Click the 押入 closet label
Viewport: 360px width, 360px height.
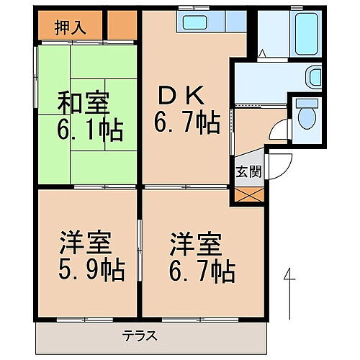[x=70, y=28]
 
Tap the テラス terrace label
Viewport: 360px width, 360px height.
[x=139, y=335]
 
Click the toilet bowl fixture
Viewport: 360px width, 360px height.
[x=307, y=114]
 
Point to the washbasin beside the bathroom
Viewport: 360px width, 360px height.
[x=314, y=76]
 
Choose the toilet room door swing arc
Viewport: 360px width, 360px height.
[x=279, y=130]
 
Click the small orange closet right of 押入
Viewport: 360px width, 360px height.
[x=121, y=27]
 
